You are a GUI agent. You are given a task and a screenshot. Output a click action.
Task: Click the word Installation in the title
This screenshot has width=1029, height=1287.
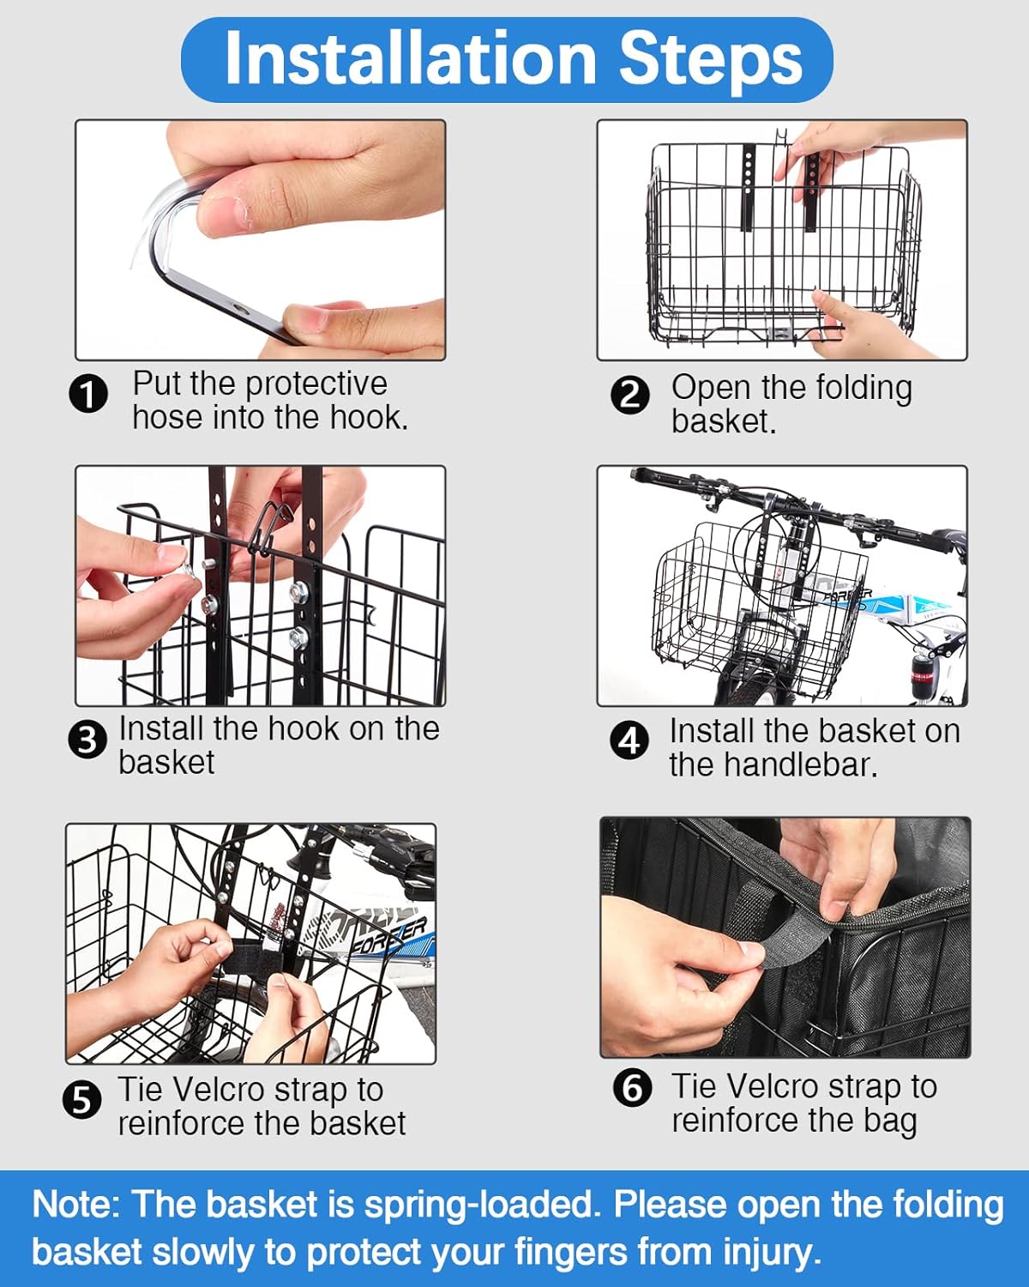tap(411, 58)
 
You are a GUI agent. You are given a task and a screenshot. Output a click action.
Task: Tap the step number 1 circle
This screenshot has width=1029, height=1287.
tap(88, 395)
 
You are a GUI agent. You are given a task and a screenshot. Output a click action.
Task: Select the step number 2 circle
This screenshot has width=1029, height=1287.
tap(630, 396)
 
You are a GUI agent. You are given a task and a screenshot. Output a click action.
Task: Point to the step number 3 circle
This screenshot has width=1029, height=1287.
tap(87, 740)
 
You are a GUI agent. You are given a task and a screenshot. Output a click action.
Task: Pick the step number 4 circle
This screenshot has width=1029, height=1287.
tap(629, 740)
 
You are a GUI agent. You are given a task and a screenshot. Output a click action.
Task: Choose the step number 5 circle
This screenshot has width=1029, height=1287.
tap(82, 1101)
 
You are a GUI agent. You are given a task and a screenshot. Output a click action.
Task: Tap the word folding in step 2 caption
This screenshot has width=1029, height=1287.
tap(864, 388)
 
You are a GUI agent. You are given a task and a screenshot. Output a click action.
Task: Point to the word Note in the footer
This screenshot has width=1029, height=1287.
tap(72, 1203)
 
